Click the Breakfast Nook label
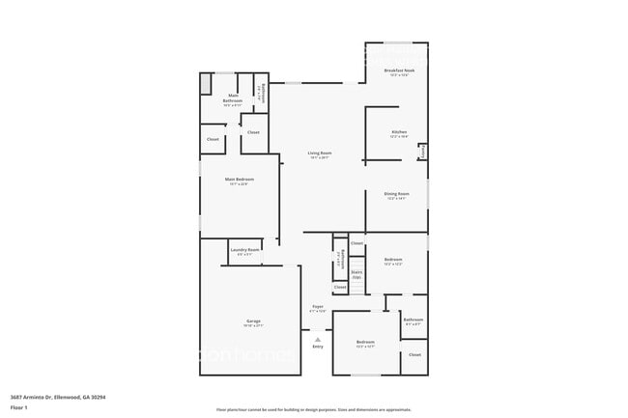point(397,72)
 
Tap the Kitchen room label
point(398,133)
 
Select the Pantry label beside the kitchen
point(423,153)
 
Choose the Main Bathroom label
point(233,98)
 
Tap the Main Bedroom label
point(240,181)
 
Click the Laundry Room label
point(245,251)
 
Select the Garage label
point(253,322)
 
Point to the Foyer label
point(317,308)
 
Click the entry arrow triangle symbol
point(317,338)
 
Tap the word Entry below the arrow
point(317,347)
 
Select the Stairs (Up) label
point(357,274)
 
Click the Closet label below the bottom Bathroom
point(414,355)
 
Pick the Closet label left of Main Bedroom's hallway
point(213,139)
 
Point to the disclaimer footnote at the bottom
point(314,410)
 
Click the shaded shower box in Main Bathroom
point(206,84)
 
